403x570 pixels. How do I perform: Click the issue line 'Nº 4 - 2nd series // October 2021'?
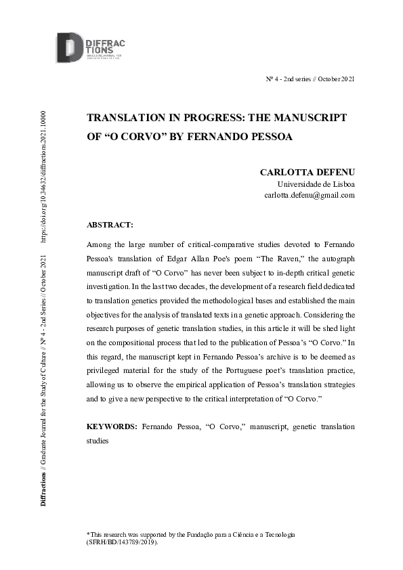[x=310, y=80]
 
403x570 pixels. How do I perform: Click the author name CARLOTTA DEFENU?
[x=307, y=172]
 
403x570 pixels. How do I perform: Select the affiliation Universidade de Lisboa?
[x=316, y=183]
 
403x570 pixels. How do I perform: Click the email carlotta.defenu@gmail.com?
[x=309, y=196]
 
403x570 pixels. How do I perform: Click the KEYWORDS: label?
[x=112, y=427]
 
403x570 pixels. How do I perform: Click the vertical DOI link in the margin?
[x=45, y=176]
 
